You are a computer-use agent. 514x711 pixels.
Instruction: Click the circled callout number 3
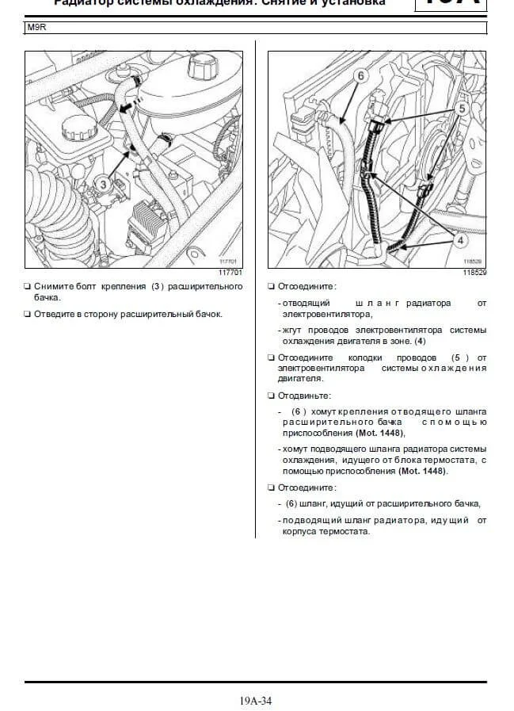[103, 184]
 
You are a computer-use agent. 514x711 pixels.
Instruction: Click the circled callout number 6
[360, 77]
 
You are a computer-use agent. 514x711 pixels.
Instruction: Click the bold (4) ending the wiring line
[421, 342]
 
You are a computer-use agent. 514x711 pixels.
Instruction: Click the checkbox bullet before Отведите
[28, 314]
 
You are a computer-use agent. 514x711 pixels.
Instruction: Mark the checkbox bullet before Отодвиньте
[272, 395]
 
